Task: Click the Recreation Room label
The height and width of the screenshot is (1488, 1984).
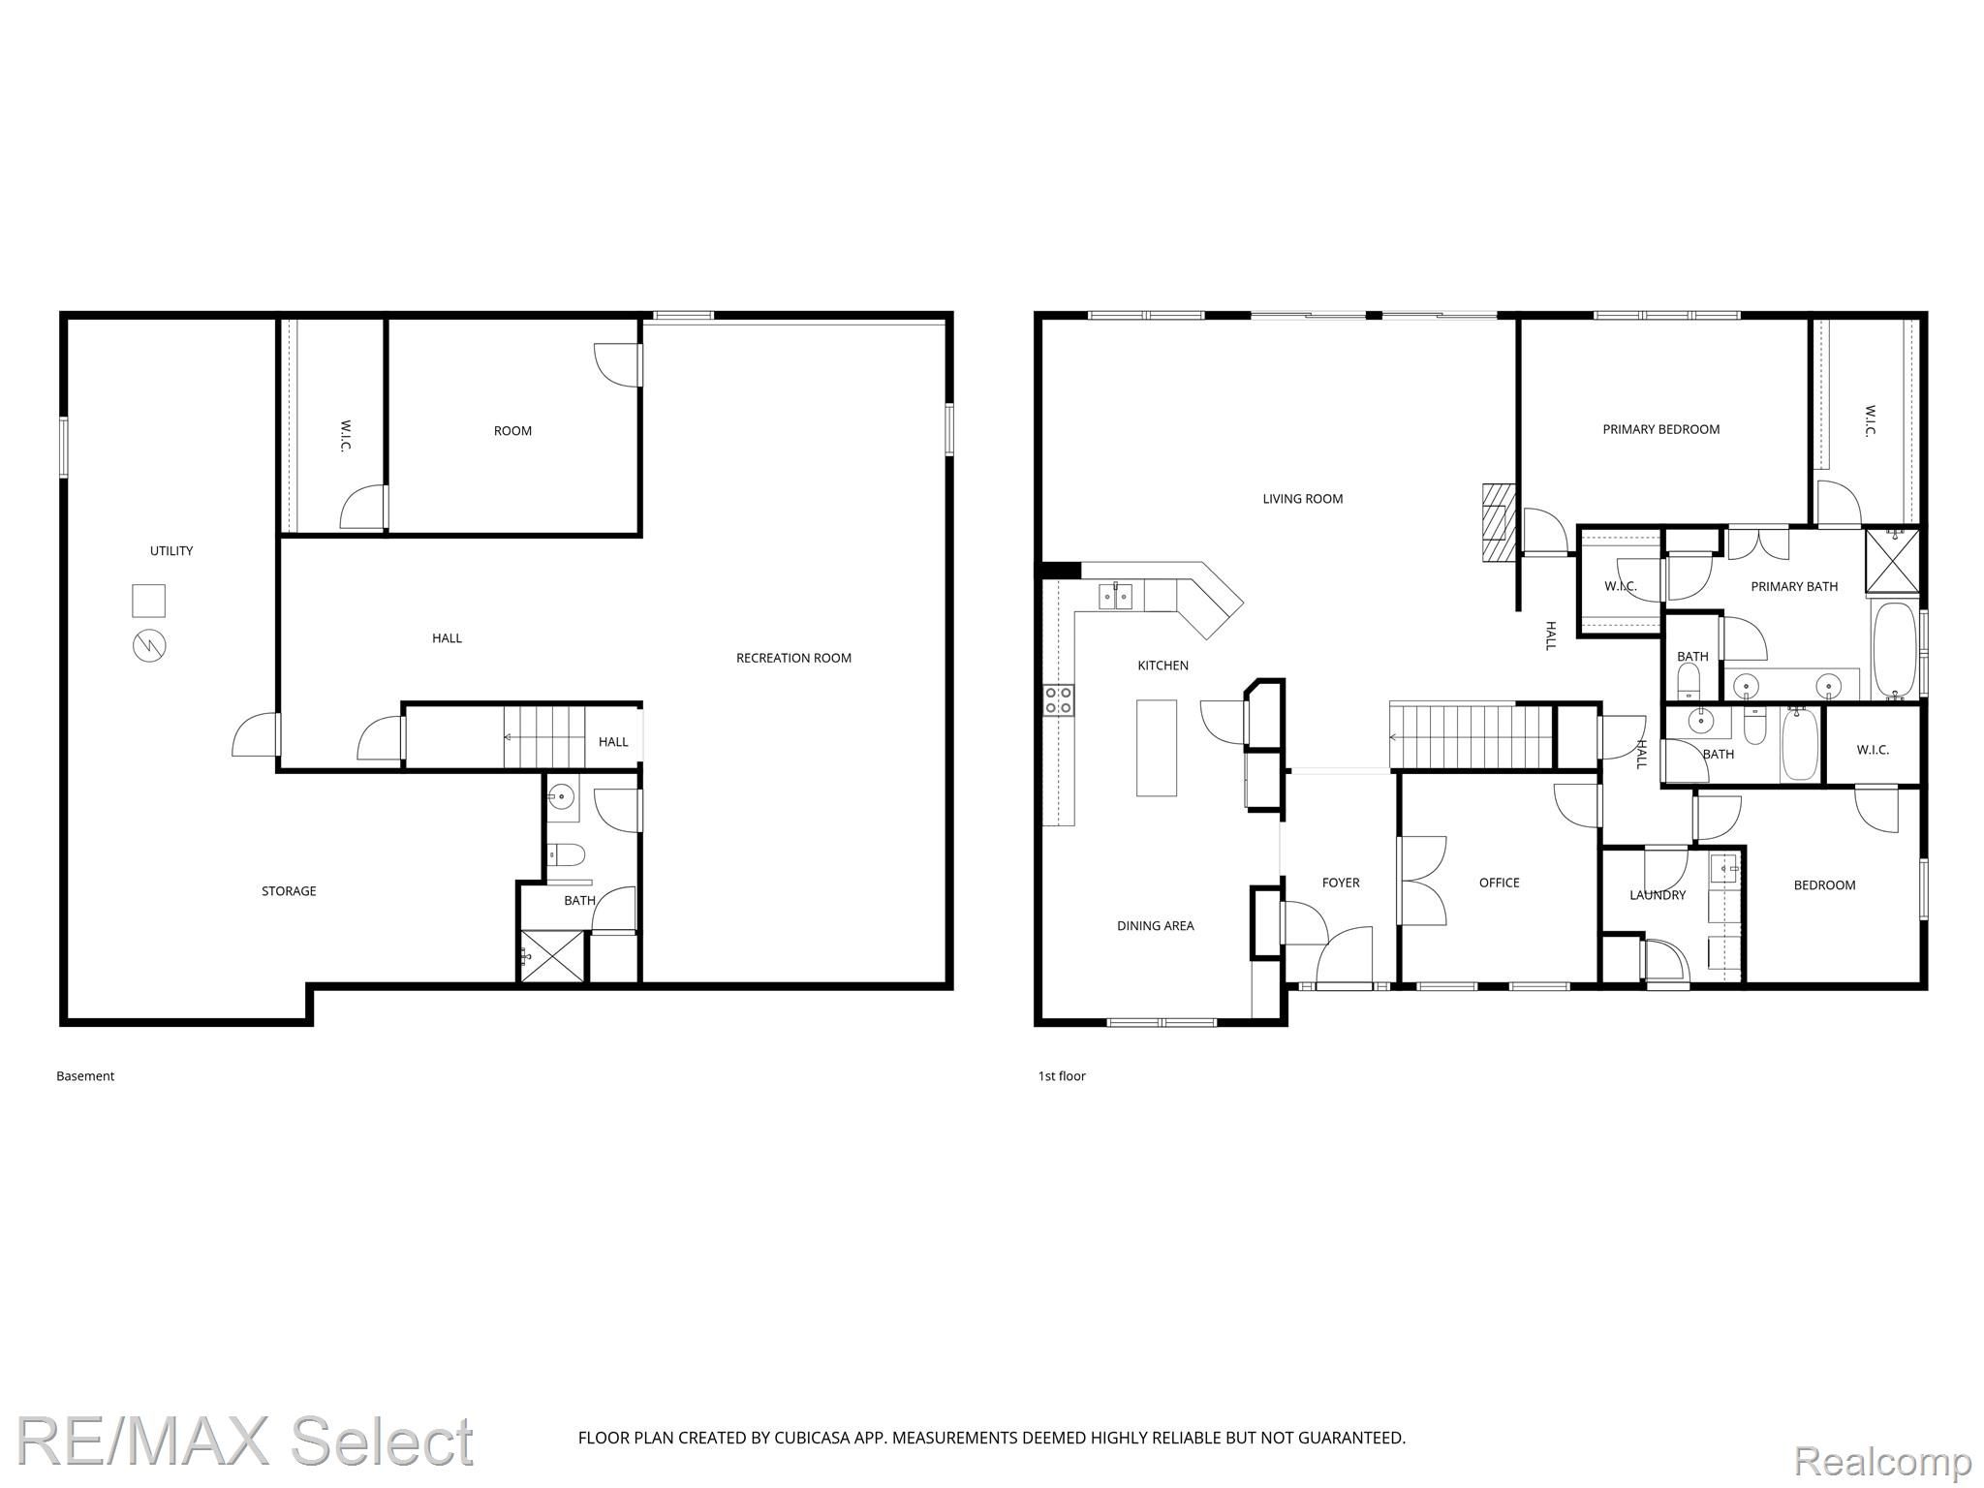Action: pyautogui.click(x=793, y=658)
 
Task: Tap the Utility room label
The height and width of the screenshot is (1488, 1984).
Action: pyautogui.click(x=171, y=551)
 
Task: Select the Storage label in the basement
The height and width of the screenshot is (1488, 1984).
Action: pyautogui.click(x=289, y=891)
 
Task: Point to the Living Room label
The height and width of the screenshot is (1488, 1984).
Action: pyautogui.click(x=1302, y=499)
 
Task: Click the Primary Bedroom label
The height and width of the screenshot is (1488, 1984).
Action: pyautogui.click(x=1660, y=429)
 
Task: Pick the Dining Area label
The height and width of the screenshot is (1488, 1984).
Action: pyautogui.click(x=1155, y=926)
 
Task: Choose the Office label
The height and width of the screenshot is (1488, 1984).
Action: pyautogui.click(x=1499, y=883)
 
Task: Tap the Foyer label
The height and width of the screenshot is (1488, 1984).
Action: pyautogui.click(x=1341, y=883)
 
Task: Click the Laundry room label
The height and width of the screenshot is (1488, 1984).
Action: pyautogui.click(x=1658, y=895)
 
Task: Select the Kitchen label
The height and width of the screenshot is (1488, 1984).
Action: pyautogui.click(x=1162, y=666)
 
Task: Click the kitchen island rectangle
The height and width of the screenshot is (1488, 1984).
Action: pyautogui.click(x=1157, y=748)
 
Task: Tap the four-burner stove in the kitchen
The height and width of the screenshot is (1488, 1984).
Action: pyautogui.click(x=1059, y=700)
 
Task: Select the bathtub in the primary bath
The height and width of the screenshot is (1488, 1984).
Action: pyautogui.click(x=1894, y=650)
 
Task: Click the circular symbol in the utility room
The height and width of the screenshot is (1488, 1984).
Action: pyautogui.click(x=149, y=645)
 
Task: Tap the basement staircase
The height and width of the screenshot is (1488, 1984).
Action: pyautogui.click(x=544, y=737)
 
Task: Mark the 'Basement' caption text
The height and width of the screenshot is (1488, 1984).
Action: pyautogui.click(x=85, y=1076)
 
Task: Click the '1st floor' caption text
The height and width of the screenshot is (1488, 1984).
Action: pyautogui.click(x=1062, y=1076)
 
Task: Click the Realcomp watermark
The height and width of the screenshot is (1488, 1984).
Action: pyautogui.click(x=1883, y=1460)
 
